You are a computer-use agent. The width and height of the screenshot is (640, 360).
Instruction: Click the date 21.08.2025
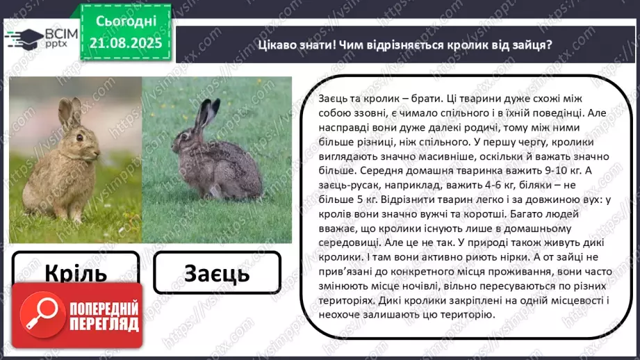tap(126, 42)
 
